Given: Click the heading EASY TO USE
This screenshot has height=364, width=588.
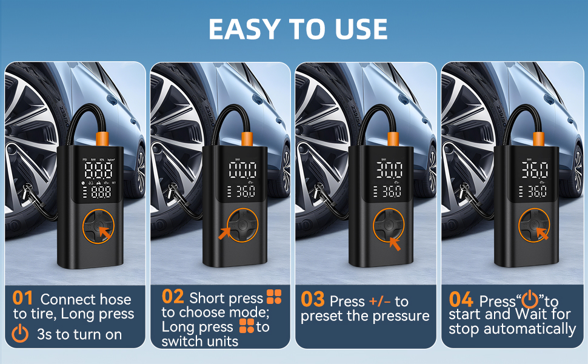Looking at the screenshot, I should pyautogui.click(x=298, y=29).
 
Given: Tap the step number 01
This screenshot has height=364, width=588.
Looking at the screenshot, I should pyautogui.click(x=22, y=299).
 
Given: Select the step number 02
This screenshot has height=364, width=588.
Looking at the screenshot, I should pyautogui.click(x=173, y=297).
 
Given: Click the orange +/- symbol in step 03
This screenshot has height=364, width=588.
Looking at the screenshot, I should pyautogui.click(x=380, y=302).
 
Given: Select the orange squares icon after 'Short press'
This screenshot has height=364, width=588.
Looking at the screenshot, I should pyautogui.click(x=274, y=297).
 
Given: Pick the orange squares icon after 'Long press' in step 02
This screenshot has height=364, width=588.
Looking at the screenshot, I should pyautogui.click(x=247, y=327).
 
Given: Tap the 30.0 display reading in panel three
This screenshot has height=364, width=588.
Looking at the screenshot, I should pyautogui.click(x=389, y=170).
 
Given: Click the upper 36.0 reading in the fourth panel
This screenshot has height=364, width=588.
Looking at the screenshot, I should pyautogui.click(x=534, y=170).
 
